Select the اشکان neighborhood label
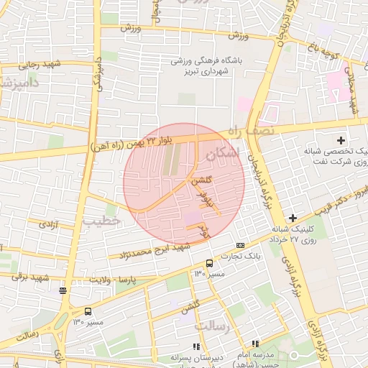pyautogui.click(x=220, y=154)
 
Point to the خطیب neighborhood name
pyautogui.click(x=101, y=221)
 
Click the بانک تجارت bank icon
pyautogui.click(x=240, y=246)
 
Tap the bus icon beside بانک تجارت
pyautogui.click(x=209, y=264)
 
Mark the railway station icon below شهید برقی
pyautogui.click(x=63, y=290)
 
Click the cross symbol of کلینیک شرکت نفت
pyautogui.click(x=341, y=139)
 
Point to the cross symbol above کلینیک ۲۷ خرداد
pyautogui.click(x=293, y=217)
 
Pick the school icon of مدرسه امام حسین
pyautogui.click(x=254, y=344)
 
